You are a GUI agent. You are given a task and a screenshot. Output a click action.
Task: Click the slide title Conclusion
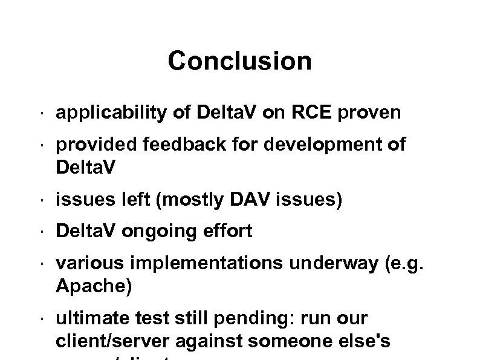point(240,61)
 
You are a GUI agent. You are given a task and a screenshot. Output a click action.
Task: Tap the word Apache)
point(92,286)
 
